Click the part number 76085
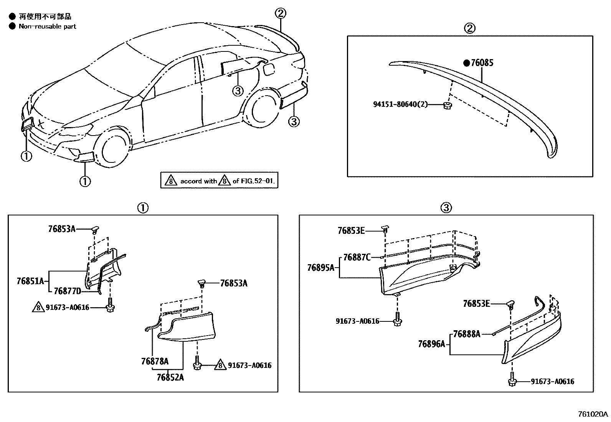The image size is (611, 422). (x=482, y=63)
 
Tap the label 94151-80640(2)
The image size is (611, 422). (x=400, y=104)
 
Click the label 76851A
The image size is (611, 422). (x=30, y=281)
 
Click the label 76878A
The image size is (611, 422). (x=155, y=361)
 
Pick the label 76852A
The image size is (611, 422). (x=170, y=377)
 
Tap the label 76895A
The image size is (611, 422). (x=321, y=268)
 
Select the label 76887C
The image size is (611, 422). (x=357, y=257)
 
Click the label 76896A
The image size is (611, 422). (x=431, y=344)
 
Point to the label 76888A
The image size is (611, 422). (x=466, y=334)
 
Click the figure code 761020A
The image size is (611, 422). (x=593, y=414)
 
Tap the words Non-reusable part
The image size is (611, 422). (x=47, y=26)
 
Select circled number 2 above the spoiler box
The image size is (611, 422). (x=470, y=28)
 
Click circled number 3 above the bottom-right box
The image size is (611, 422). (x=446, y=208)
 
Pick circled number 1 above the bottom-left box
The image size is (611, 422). (x=142, y=208)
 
